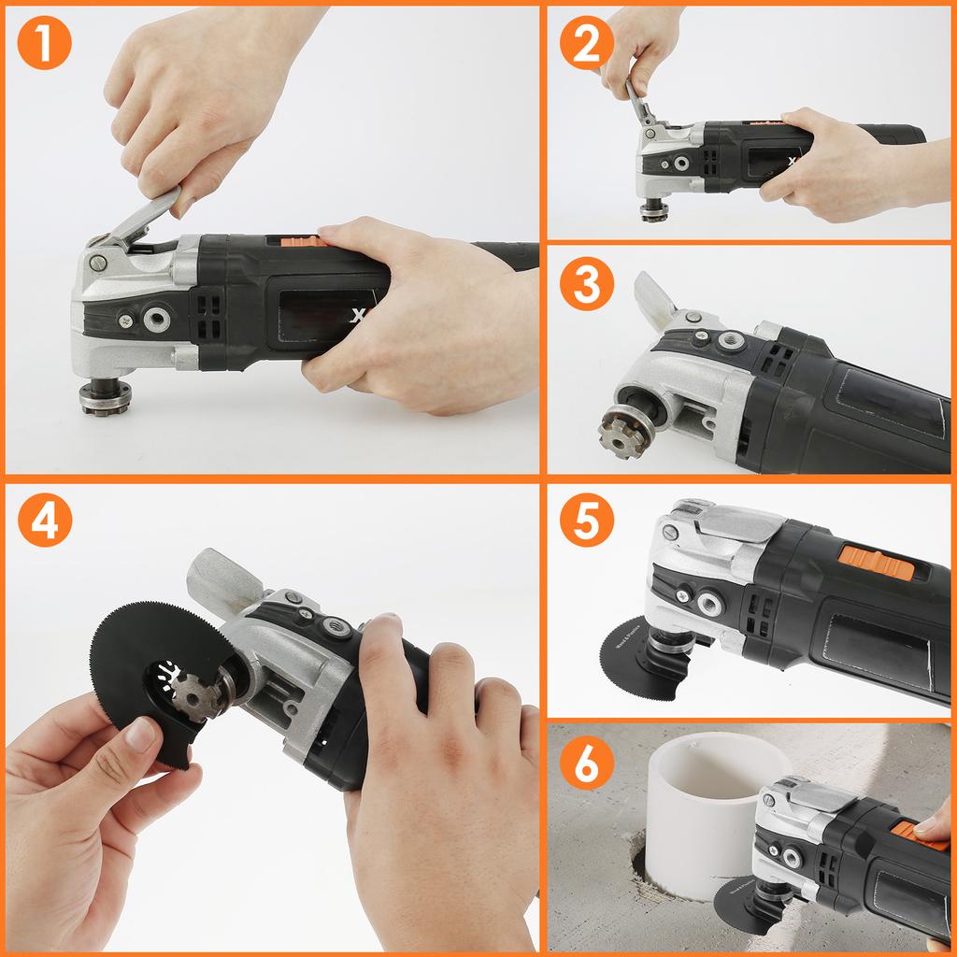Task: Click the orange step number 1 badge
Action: pyautogui.click(x=44, y=43)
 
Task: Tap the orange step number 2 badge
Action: pyautogui.click(x=587, y=43)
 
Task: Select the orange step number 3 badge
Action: pyautogui.click(x=587, y=285)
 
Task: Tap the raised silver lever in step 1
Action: pyautogui.click(x=140, y=216)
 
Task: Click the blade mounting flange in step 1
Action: pyautogui.click(x=105, y=396)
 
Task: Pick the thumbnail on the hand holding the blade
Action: pyautogui.click(x=141, y=735)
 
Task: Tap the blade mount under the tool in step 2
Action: pyautogui.click(x=654, y=210)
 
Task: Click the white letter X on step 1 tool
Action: pyautogui.click(x=356, y=316)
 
